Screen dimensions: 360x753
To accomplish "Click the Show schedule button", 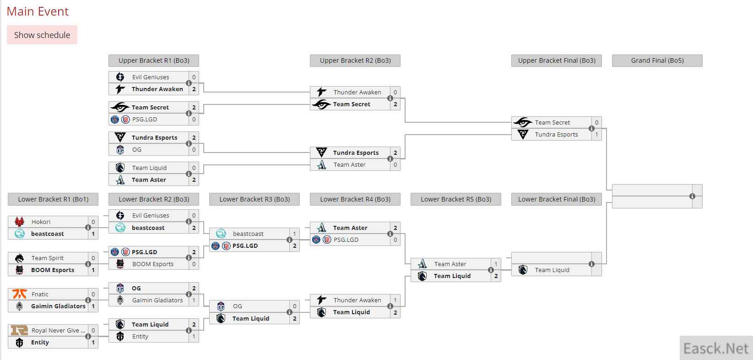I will pos(42,35).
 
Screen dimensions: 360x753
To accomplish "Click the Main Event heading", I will pos(38,11).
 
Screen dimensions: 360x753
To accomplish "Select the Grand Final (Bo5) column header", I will pos(657,60).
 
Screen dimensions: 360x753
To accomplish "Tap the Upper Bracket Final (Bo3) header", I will pos(556,60).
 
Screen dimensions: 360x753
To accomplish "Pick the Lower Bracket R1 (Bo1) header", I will pos(53,199).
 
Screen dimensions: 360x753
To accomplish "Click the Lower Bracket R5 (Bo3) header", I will pos(455,199).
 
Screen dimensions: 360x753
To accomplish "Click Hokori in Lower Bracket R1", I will pos(41,222).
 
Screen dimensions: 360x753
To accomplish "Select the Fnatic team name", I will pos(40,294).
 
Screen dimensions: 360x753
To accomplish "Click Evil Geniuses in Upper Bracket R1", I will pos(151,77).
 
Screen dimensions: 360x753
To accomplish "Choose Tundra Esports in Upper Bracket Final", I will pos(556,134).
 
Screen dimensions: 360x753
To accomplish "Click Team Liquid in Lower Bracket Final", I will pos(552,270).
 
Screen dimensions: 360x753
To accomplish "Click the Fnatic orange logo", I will pos(20,294).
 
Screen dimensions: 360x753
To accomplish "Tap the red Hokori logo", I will pos(20,222).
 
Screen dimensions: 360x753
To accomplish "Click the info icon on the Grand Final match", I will pos(692,196).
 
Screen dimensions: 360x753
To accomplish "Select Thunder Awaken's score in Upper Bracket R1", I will pos(194,89).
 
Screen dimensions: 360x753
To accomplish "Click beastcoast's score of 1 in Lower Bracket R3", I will pos(295,234).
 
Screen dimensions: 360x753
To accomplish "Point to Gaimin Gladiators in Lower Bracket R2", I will pos(157,300).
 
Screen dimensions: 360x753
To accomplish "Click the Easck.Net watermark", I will pos(716,349).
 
